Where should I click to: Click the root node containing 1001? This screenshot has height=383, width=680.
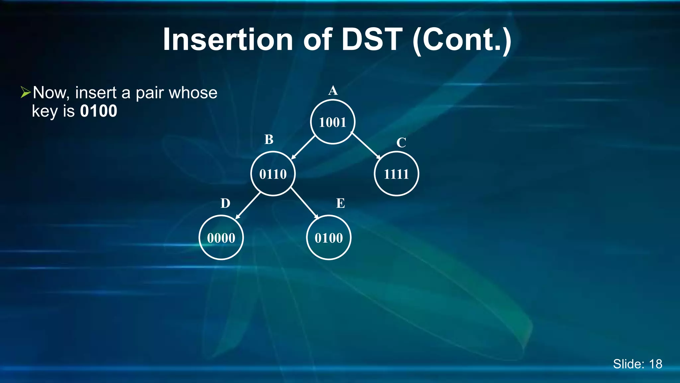333,122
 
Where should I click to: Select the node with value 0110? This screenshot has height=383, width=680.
273,174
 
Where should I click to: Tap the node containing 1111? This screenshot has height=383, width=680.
396,174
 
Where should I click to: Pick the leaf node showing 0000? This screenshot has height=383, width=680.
221,238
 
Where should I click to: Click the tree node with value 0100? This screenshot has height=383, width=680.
329,238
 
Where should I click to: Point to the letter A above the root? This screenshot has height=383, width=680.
333,90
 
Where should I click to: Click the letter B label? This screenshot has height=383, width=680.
269,140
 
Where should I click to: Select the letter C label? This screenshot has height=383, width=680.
401,143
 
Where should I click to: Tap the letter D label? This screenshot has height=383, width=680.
225,203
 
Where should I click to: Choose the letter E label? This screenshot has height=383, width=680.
341,203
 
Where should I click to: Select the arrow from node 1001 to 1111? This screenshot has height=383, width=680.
366,146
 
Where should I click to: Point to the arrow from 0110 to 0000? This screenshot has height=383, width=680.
248,206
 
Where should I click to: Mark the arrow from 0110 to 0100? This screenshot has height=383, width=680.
304,203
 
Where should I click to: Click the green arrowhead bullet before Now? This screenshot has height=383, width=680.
25,92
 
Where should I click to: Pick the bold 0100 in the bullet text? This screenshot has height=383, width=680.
99,111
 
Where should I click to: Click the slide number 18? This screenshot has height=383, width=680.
655,364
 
